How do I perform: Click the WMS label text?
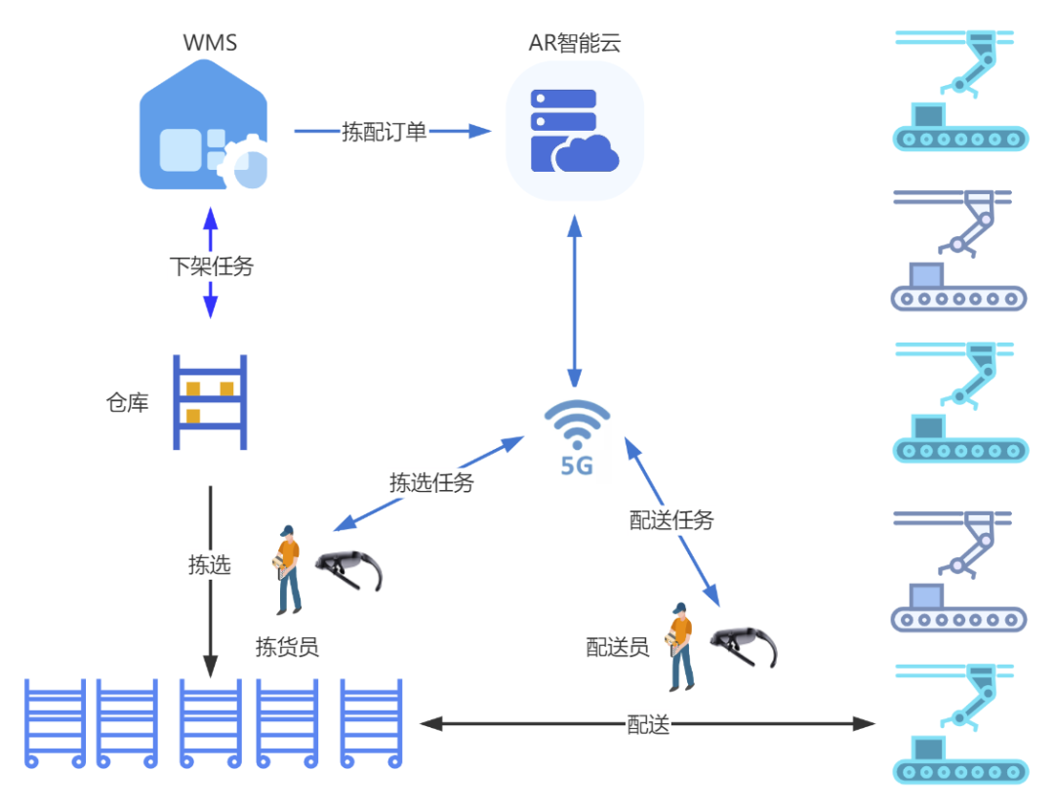coord(210,42)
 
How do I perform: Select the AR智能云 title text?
coord(574,42)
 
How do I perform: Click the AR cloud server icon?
coord(575,131)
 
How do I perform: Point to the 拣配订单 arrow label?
coord(385,132)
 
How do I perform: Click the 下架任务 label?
coord(211,266)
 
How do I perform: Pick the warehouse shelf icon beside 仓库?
coord(210,402)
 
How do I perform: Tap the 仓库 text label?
coord(127,402)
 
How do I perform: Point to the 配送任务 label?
coord(671,520)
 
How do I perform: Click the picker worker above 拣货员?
coord(287,570)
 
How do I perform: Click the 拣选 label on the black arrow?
coord(210,565)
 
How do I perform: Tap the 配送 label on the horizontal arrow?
coord(648,724)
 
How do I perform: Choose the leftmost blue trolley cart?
coord(55,723)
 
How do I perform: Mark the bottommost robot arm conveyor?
coord(960,723)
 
